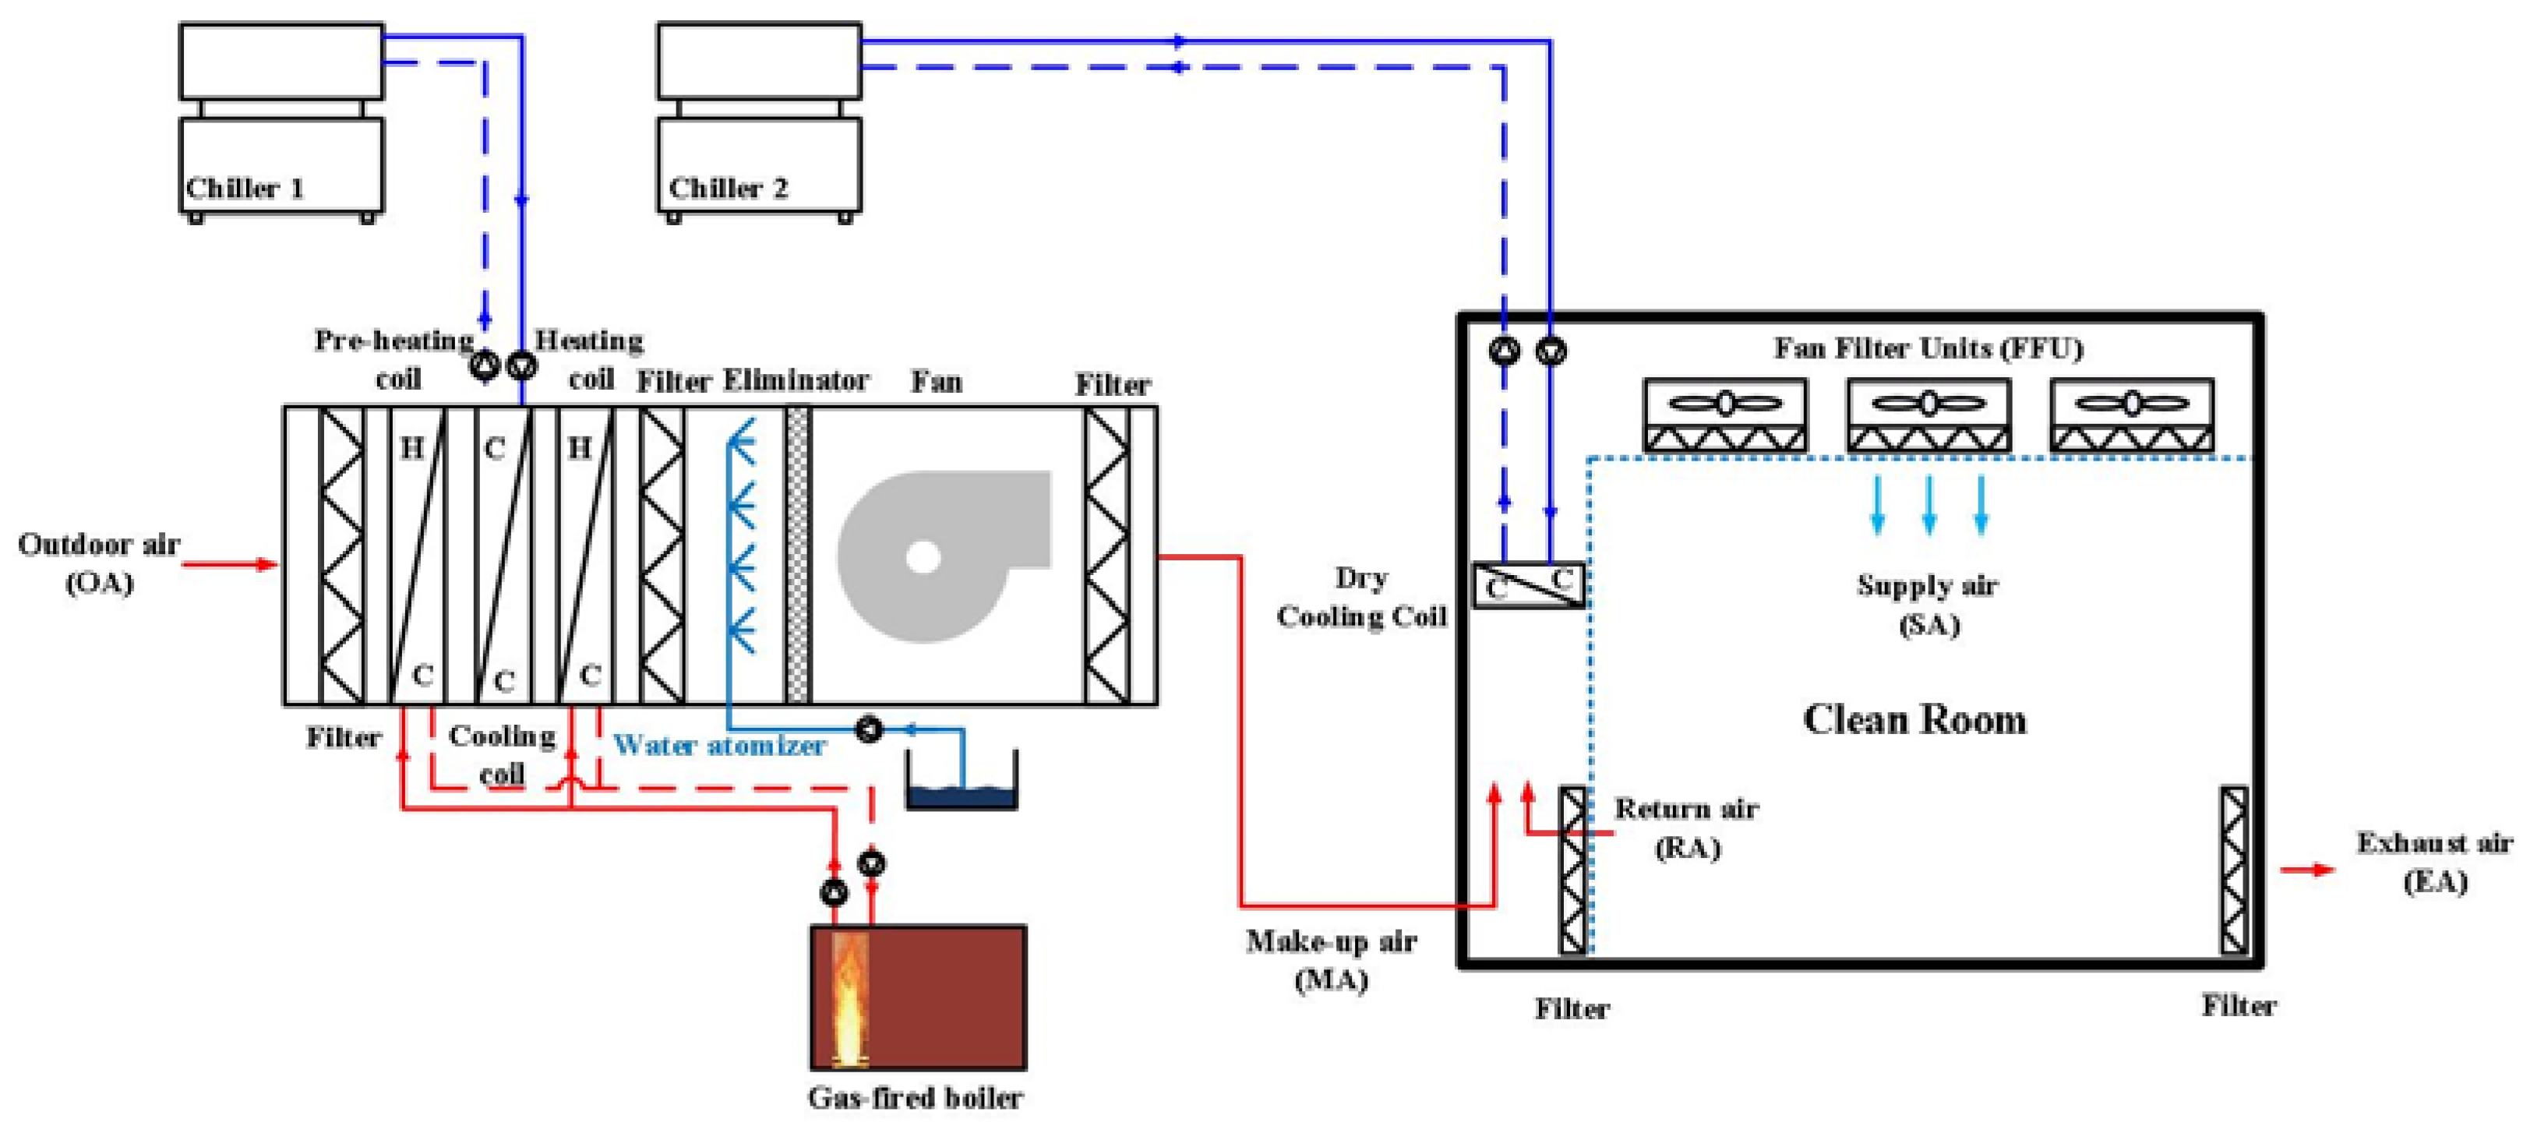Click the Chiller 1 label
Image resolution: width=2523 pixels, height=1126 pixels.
pyautogui.click(x=245, y=188)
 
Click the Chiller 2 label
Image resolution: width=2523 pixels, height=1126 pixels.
pyautogui.click(x=728, y=188)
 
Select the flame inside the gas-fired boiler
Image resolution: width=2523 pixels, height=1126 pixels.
pyautogui.click(x=849, y=999)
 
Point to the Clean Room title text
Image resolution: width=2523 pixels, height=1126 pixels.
pyautogui.click(x=1914, y=720)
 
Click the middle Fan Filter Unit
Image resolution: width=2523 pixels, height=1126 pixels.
pyautogui.click(x=1928, y=415)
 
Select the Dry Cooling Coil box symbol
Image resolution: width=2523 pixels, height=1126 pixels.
pyautogui.click(x=1528, y=585)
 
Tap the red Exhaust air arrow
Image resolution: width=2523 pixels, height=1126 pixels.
pyautogui.click(x=2307, y=870)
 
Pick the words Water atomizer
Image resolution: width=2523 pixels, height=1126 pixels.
pyautogui.click(x=720, y=746)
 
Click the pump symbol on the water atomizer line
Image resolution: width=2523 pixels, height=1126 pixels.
pyautogui.click(x=869, y=729)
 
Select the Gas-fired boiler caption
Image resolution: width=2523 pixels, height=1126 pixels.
pyautogui.click(x=915, y=1098)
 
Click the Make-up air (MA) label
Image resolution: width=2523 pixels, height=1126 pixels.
pyautogui.click(x=1331, y=959)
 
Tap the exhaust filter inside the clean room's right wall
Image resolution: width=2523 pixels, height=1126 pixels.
pyautogui.click(x=2233, y=870)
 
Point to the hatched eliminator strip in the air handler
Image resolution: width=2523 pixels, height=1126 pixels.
pyautogui.click(x=798, y=555)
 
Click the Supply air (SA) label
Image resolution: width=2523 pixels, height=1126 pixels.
pyautogui.click(x=1928, y=604)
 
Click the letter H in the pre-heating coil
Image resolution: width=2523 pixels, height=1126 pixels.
pyautogui.click(x=412, y=447)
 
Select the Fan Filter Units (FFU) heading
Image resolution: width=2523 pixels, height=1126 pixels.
pyautogui.click(x=1928, y=348)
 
